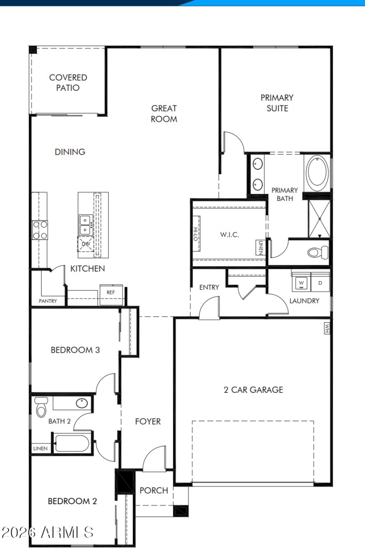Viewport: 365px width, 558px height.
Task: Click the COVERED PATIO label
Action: [x=68, y=83]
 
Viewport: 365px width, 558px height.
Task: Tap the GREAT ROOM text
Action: [x=164, y=114]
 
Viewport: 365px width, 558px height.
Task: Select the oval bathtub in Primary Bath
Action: [x=317, y=173]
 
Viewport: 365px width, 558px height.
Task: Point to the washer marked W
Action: [x=301, y=283]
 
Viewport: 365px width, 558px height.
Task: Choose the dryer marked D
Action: [x=320, y=283]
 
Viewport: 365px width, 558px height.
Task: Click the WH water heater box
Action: [x=327, y=329]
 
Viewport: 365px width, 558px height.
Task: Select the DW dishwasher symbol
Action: [x=85, y=245]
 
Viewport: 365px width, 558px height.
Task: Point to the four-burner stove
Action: [x=39, y=230]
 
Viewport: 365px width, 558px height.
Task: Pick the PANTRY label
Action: [x=48, y=301]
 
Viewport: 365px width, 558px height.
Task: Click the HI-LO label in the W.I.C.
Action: [x=195, y=234]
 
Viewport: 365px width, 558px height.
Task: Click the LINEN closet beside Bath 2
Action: [x=40, y=448]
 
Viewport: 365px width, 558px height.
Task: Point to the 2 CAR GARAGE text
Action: [x=253, y=390]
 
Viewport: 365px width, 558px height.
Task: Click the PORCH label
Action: [x=154, y=490]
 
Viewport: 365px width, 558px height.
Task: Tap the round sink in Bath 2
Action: [x=82, y=403]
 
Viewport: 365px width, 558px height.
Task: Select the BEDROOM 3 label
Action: [x=75, y=350]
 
